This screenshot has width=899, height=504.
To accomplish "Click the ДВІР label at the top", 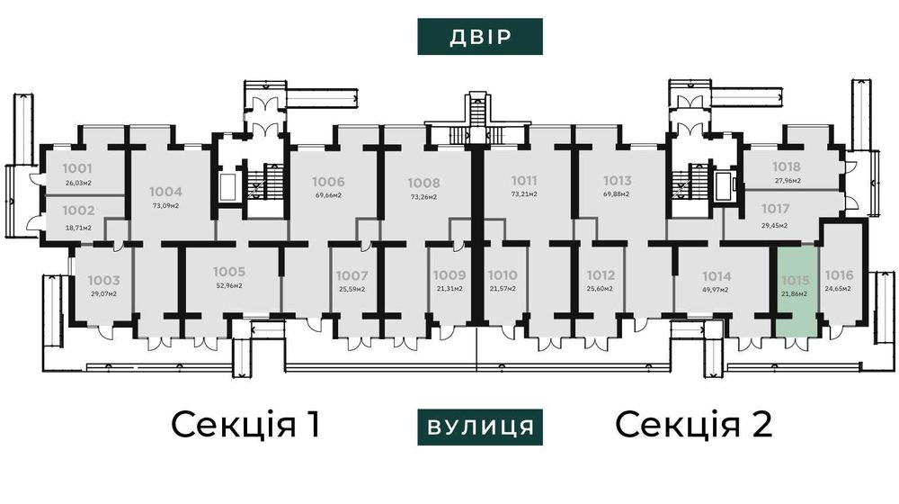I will coord(480,37).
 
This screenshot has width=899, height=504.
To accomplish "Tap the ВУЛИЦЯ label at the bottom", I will coord(480,427).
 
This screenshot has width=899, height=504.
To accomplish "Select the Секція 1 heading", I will coord(245,424).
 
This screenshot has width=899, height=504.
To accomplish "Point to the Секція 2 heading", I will coord(695,424).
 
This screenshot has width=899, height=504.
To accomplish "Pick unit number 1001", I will coord(78,168).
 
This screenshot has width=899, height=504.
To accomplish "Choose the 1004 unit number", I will coord(165,191).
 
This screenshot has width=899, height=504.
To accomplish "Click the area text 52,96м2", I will coord(228,286).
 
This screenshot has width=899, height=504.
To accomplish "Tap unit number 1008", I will coord(423,182).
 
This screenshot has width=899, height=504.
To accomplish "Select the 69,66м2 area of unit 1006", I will coord(304,194).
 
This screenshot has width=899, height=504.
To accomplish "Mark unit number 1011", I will coord(524,180).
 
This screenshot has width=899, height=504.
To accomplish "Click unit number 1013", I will coord(617,180).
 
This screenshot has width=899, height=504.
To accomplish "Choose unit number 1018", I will coord(787,166).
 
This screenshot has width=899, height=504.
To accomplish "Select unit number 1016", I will coord(839,275).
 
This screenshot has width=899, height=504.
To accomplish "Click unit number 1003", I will coord(103,281).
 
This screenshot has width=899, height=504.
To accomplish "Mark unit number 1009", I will coord(448,275).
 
